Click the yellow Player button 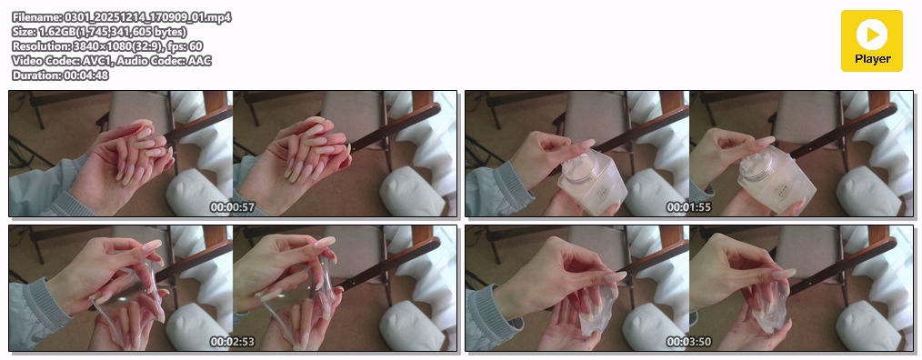(871, 41)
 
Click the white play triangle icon (873, 35)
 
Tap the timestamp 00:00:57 (233, 207)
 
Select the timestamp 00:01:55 (688, 207)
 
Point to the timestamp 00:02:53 (233, 342)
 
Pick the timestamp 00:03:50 (688, 342)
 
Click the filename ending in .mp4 (147, 17)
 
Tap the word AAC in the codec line (199, 61)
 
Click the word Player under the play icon (873, 59)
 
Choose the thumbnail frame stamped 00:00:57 (233, 154)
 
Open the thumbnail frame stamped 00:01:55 (689, 154)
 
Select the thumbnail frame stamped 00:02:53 (233, 288)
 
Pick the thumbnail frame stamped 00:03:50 (689, 288)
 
